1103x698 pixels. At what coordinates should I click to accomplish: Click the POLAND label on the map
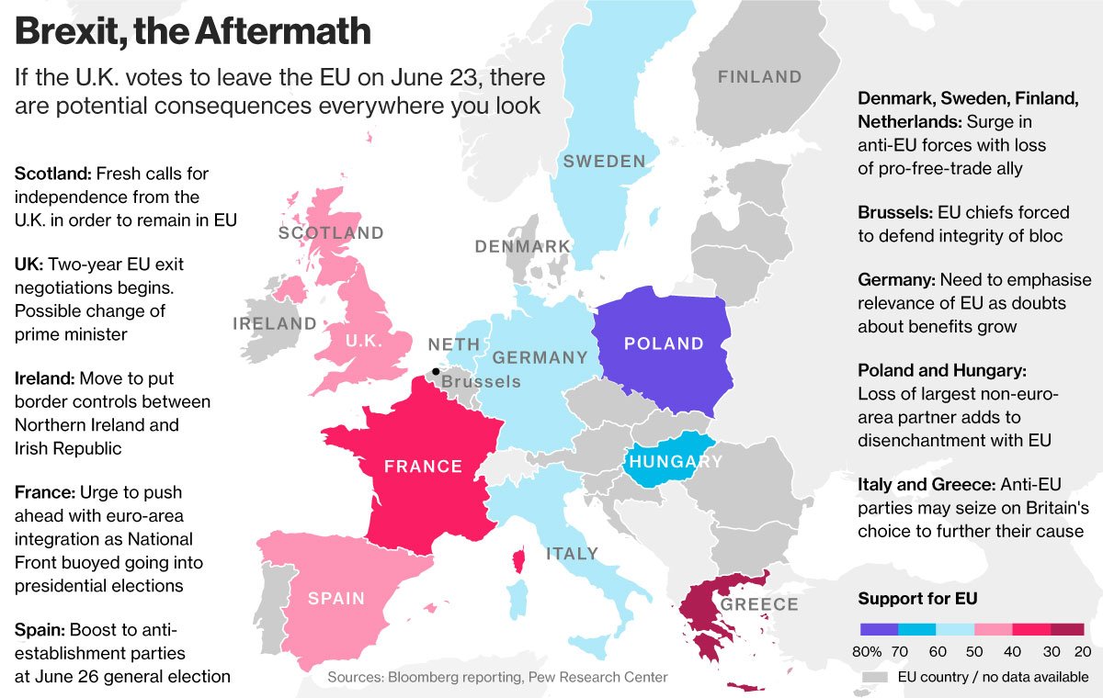[x=664, y=344]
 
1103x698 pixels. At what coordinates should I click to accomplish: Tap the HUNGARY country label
[x=676, y=462]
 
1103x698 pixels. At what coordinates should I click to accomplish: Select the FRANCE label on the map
[x=423, y=467]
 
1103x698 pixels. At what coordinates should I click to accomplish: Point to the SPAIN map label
[x=335, y=599]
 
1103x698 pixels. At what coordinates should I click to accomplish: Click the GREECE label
[x=759, y=604]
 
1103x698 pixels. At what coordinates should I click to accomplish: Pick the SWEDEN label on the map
[x=604, y=162]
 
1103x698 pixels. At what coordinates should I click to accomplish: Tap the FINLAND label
[x=759, y=77]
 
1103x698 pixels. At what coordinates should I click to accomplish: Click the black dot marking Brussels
[x=435, y=372]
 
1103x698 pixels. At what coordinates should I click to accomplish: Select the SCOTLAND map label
[x=331, y=233]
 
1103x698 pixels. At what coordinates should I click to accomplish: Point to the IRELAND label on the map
[x=274, y=324]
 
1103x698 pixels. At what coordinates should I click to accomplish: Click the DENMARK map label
[x=522, y=247]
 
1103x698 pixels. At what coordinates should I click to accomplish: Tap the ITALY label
[x=572, y=554]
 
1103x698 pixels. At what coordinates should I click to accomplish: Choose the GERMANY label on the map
[x=540, y=357]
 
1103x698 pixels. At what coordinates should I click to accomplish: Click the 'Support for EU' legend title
[x=916, y=599]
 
